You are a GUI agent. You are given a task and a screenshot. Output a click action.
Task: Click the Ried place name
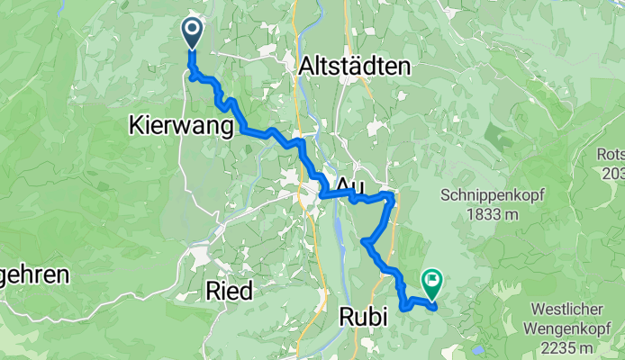point(230,290)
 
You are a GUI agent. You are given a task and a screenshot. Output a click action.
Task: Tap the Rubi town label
point(365,316)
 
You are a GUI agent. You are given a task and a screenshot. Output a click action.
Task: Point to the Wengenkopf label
point(566,329)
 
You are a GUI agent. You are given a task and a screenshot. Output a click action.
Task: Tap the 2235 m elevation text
point(566,347)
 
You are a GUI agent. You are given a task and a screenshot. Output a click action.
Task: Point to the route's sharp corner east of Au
point(392,194)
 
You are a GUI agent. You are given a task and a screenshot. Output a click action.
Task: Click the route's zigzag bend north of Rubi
point(365,241)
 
